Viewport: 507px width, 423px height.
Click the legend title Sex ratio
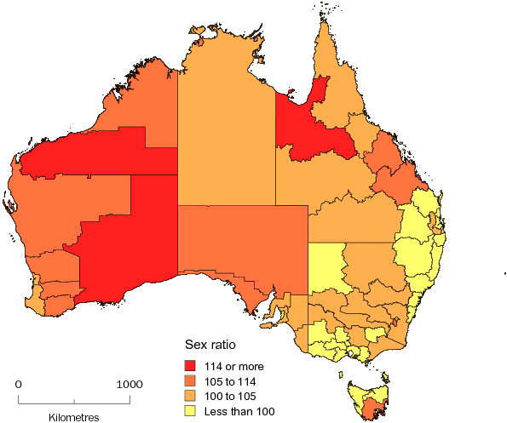(211, 346)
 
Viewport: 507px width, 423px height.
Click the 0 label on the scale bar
(19, 385)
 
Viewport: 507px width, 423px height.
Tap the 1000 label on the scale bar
(130, 385)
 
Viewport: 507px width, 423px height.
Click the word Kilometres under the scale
(74, 417)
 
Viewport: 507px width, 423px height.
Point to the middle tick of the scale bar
(74, 399)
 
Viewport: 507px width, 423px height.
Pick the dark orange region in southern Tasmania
(371, 411)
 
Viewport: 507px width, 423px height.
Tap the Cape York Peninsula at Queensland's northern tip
(327, 51)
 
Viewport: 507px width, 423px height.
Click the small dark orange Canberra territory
(395, 323)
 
